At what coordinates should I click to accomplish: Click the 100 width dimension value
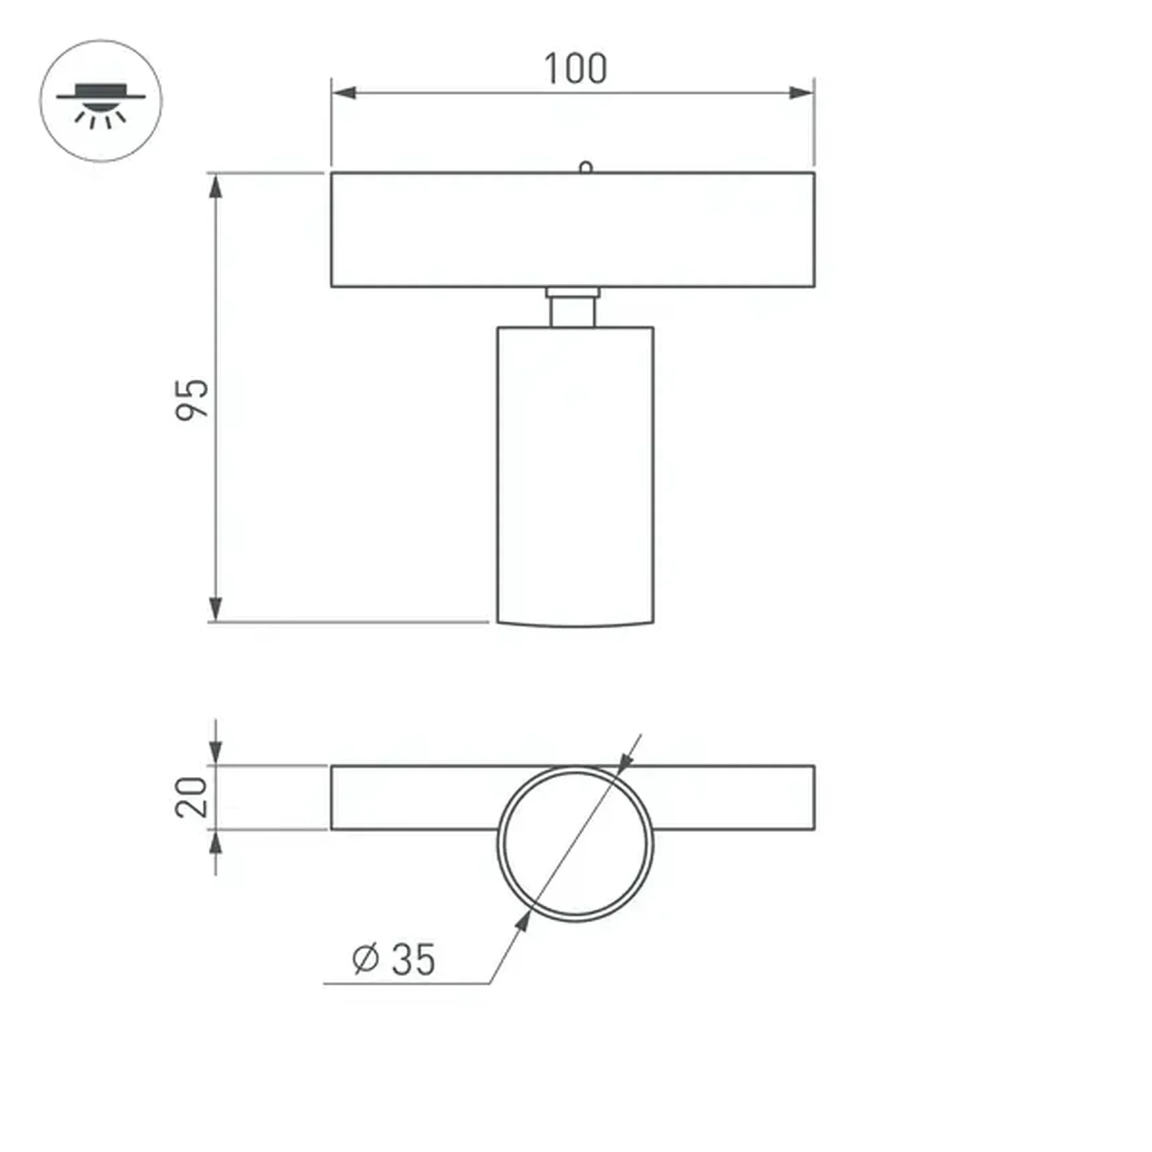tap(575, 69)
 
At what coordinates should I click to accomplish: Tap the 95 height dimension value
tap(192, 400)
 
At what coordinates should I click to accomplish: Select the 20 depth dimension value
tap(192, 797)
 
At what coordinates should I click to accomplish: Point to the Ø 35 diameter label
tap(394, 959)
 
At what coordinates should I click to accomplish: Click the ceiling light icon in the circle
tap(100, 101)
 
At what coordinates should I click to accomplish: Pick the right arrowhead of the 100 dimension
tap(801, 93)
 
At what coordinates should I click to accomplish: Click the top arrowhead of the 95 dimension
tap(215, 187)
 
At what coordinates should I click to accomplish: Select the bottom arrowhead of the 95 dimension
tap(215, 608)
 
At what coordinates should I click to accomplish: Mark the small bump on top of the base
tap(585, 167)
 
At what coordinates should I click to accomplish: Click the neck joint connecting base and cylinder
tap(573, 307)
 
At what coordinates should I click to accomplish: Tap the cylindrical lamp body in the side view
tap(575, 476)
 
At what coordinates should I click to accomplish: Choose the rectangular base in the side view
tap(573, 230)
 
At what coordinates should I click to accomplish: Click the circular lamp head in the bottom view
tap(575, 844)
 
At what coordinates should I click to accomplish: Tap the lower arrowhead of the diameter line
tap(523, 922)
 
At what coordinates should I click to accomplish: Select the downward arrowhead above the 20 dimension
tap(215, 751)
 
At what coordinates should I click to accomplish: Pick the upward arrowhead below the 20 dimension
tap(215, 844)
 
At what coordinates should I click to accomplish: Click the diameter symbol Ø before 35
tap(366, 959)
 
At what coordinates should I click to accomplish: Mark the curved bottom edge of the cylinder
tap(575, 626)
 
